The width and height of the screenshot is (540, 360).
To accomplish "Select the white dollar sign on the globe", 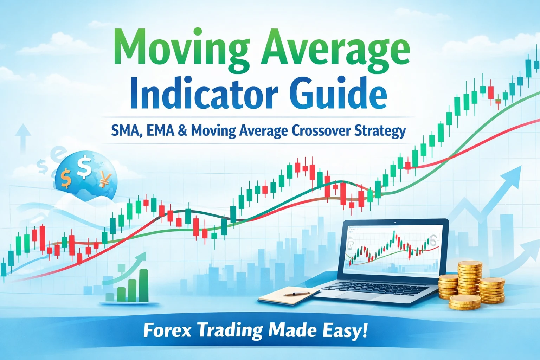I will (x=84, y=168).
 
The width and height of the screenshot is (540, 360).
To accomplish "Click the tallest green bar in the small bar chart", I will (x=144, y=285).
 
